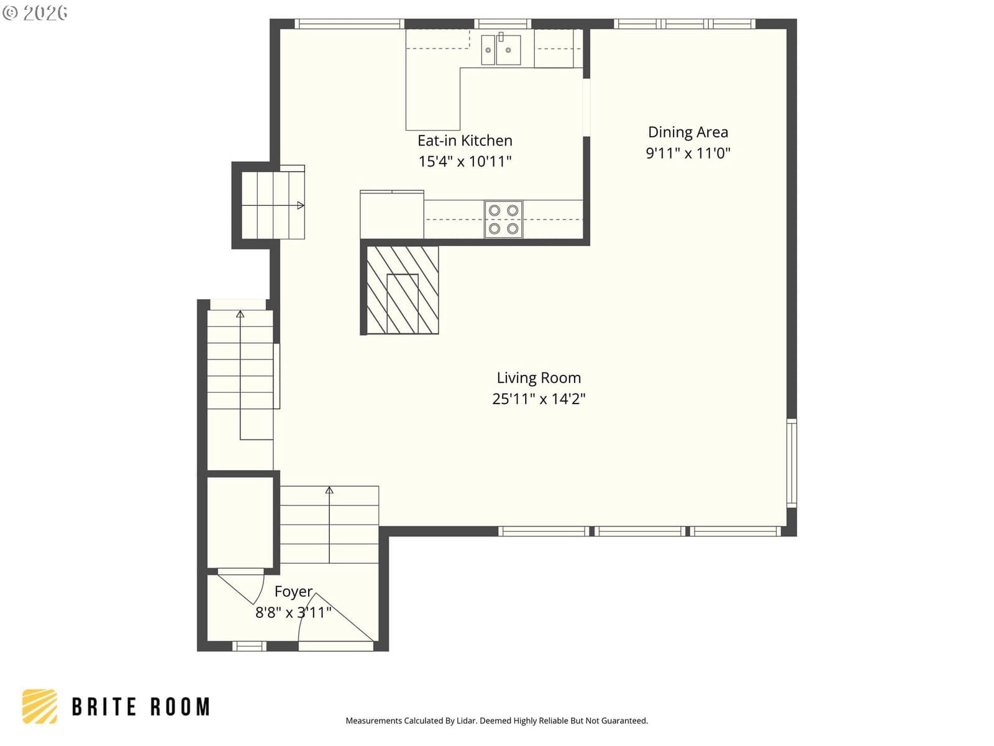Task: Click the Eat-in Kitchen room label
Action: [465, 141]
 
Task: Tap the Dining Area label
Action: [688, 132]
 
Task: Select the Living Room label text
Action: [539, 378]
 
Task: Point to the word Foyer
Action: [293, 592]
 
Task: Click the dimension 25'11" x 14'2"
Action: [539, 398]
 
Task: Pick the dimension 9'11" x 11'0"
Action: [688, 153]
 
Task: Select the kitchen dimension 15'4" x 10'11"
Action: [465, 161]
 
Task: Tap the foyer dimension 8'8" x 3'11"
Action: [293, 612]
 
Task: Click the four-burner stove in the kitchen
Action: [503, 219]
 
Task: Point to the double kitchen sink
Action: [501, 49]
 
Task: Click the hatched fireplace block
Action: [402, 290]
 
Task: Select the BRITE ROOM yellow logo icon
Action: [40, 706]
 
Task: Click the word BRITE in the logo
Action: [104, 707]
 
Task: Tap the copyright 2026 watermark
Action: [35, 12]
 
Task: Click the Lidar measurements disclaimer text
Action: [497, 721]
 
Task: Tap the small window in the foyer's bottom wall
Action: [250, 646]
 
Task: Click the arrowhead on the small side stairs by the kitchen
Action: [300, 206]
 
